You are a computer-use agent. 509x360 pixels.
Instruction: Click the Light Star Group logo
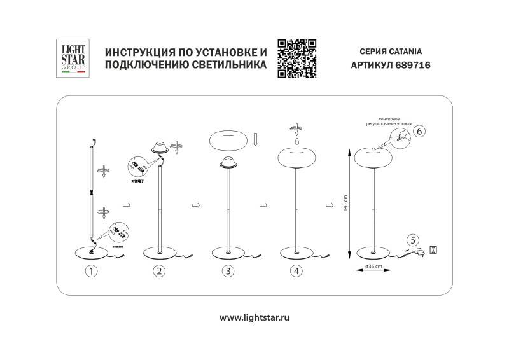tap(71, 59)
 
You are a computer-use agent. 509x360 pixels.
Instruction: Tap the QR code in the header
tap(297, 58)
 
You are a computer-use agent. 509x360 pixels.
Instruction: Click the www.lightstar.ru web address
tap(254, 316)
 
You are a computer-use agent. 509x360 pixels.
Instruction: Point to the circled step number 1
tap(92, 272)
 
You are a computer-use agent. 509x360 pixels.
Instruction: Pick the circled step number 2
tap(159, 272)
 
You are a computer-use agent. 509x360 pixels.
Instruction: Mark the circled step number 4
tap(297, 272)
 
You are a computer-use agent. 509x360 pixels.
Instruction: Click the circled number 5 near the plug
tap(413, 240)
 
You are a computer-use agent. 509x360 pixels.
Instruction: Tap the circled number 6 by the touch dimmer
tap(419, 132)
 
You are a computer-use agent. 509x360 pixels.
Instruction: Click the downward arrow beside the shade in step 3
tap(254, 139)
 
